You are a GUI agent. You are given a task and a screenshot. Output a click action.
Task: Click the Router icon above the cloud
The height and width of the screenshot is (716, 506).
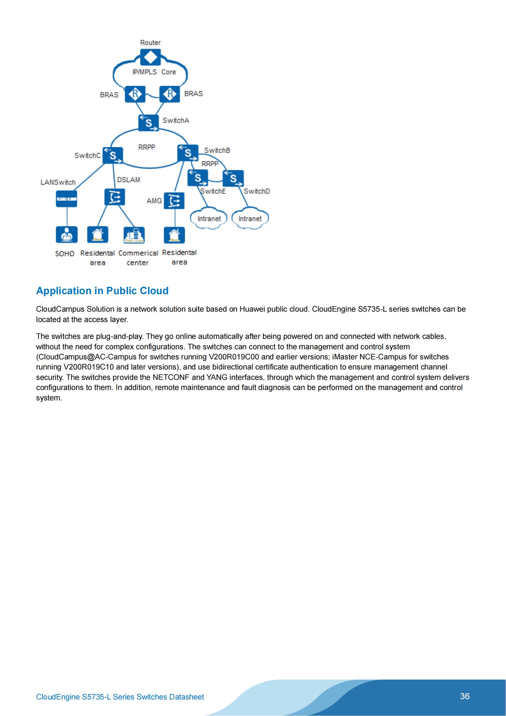click(x=151, y=57)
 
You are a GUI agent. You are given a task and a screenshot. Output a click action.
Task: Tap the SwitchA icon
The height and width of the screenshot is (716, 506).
click(x=148, y=122)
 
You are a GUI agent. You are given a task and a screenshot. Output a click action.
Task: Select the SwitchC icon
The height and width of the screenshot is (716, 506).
click(x=113, y=155)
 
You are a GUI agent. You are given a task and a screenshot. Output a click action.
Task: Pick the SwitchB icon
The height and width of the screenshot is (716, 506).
click(x=188, y=153)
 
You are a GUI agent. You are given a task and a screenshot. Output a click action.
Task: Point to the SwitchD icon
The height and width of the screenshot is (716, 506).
click(x=233, y=178)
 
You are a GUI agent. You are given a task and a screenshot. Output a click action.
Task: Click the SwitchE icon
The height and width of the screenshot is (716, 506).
click(x=198, y=178)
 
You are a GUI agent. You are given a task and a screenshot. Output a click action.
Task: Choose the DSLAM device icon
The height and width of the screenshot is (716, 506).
click(x=115, y=197)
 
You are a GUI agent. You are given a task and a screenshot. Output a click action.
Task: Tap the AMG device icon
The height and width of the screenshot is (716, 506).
click(x=174, y=200)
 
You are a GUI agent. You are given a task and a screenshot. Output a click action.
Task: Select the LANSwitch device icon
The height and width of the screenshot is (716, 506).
click(x=66, y=199)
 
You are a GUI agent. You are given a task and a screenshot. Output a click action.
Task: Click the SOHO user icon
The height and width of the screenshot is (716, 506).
click(x=66, y=234)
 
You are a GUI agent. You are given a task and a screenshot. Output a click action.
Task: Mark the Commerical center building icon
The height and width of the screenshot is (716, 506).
click(x=134, y=235)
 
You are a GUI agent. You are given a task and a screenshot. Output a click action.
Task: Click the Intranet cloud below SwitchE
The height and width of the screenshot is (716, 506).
click(x=209, y=219)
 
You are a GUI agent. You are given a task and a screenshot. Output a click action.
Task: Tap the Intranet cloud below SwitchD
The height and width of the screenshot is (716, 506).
click(x=250, y=219)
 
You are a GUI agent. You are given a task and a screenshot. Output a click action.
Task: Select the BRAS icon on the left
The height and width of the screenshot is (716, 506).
click(x=135, y=94)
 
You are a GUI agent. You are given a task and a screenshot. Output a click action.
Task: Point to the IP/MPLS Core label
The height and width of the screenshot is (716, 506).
click(x=154, y=72)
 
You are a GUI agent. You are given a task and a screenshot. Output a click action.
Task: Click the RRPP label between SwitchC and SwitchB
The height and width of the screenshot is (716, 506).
click(x=147, y=147)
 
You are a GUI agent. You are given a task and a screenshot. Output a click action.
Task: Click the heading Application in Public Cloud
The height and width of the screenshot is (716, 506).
click(x=102, y=291)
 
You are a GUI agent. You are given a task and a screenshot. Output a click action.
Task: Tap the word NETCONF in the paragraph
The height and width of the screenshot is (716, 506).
click(x=171, y=377)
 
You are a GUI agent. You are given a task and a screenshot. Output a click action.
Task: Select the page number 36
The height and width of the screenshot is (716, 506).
click(x=465, y=696)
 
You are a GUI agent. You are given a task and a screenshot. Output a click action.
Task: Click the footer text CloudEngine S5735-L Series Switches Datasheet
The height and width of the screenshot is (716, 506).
click(x=120, y=697)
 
